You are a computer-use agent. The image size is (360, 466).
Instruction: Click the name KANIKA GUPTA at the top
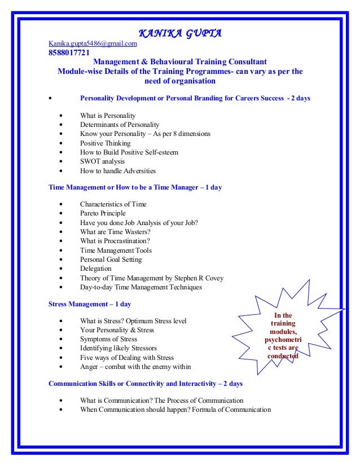tap(179, 33)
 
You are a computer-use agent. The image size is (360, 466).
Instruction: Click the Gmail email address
tap(93, 43)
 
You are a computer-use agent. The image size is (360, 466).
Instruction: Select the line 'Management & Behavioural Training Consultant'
tap(176, 62)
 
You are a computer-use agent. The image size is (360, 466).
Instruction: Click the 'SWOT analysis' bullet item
tap(103, 161)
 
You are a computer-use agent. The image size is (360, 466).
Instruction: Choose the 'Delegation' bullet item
tap(95, 269)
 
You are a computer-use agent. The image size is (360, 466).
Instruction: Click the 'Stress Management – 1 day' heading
tap(90, 304)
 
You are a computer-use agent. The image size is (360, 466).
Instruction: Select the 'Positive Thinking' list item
tap(105, 143)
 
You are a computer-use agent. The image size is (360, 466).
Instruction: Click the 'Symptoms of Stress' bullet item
tap(108, 339)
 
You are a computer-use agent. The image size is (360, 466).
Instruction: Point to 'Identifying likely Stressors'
tap(118, 348)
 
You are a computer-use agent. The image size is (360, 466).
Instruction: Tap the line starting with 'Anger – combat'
tap(135, 367)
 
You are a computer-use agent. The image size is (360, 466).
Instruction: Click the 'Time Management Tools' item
tap(116, 250)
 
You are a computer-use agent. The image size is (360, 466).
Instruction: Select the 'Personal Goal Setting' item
tap(111, 260)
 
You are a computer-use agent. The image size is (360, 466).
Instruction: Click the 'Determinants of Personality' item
tap(120, 125)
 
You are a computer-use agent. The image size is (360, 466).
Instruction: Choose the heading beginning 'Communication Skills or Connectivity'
tap(146, 384)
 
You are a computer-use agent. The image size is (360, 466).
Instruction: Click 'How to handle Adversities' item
tap(117, 170)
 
